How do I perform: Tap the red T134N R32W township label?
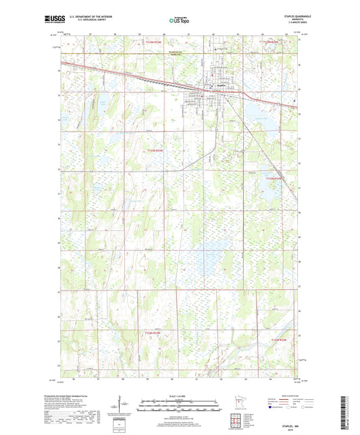point(269,43)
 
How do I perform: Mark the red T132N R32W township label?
point(283,340)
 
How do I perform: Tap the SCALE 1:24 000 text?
point(180,396)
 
